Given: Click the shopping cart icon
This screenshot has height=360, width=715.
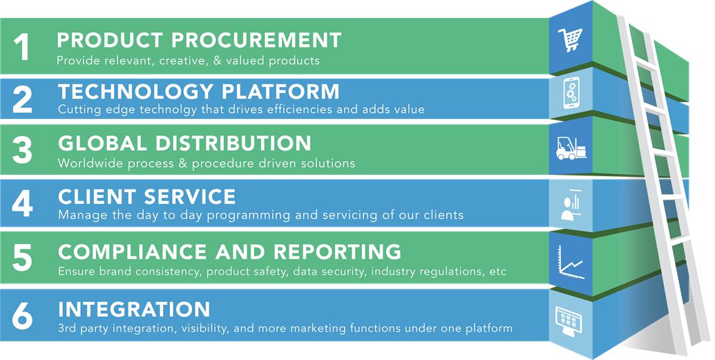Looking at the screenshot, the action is (571, 39).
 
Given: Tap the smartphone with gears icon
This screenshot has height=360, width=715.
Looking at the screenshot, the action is (571, 93).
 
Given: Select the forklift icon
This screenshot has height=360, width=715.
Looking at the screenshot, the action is (571, 149).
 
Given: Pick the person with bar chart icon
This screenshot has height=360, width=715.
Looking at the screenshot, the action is (571, 205).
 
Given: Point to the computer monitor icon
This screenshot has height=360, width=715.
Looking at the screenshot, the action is (569, 319).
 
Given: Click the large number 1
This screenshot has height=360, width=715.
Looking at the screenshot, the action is (22, 47).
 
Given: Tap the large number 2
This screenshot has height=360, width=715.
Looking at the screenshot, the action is (22, 100).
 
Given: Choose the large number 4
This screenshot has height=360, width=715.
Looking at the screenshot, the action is (22, 204).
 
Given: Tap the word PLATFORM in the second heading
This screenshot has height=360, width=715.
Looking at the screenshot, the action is (281, 92).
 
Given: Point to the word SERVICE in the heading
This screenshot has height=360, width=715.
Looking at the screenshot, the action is (190, 197).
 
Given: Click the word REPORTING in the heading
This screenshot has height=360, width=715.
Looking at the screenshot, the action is (337, 252).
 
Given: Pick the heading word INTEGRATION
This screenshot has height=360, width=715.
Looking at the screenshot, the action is (134, 310).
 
